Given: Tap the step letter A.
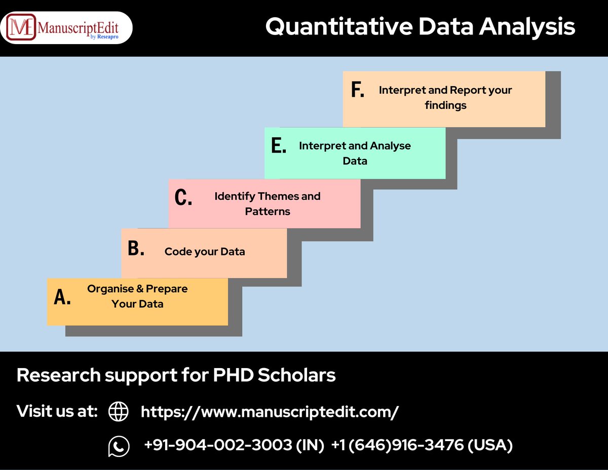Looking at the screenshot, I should click(62, 298).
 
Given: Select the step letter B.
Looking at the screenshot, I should click(136, 248).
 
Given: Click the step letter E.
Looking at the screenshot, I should click(279, 146).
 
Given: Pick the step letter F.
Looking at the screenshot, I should click(358, 90).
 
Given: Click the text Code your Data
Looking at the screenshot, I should click(205, 251).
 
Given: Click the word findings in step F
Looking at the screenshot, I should click(445, 105).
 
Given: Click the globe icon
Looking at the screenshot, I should click(119, 412).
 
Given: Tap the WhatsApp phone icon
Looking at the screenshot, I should click(119, 446).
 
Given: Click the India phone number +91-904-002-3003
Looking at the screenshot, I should click(234, 445).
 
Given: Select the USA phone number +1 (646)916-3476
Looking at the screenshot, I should click(422, 445).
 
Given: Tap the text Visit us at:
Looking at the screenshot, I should click(57, 411).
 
